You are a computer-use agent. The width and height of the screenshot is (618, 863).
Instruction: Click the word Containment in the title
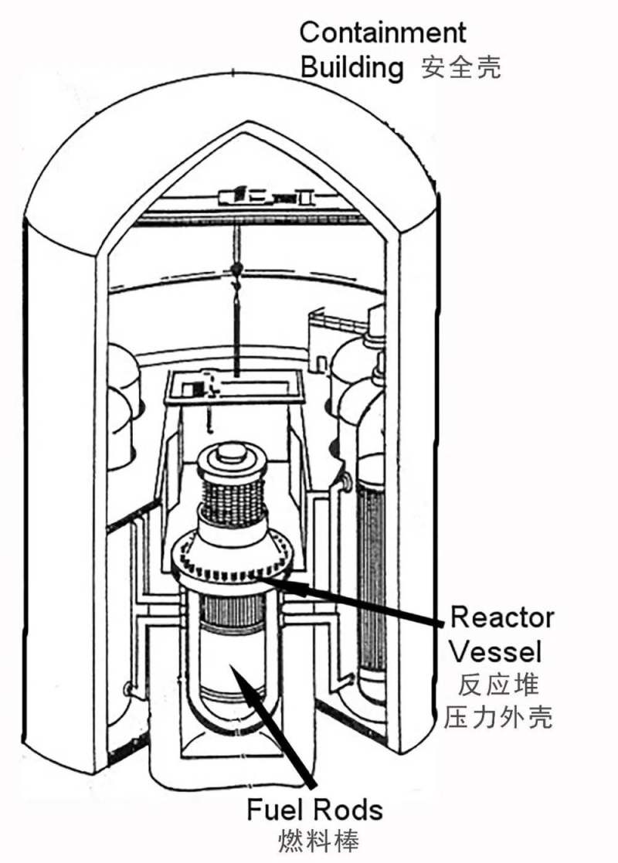pyautogui.click(x=382, y=32)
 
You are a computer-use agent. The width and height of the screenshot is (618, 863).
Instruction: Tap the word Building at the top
pyautogui.click(x=351, y=68)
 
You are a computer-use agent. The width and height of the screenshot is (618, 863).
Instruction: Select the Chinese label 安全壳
pyautogui.click(x=460, y=68)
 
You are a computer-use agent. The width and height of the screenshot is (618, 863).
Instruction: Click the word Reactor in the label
pyautogui.click(x=502, y=617)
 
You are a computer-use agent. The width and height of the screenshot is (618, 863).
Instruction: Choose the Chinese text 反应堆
pyautogui.click(x=497, y=685)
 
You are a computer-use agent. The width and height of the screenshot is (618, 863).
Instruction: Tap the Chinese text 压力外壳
pyautogui.click(x=498, y=718)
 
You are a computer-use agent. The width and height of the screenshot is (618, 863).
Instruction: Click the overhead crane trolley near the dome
pyautogui.click(x=267, y=196)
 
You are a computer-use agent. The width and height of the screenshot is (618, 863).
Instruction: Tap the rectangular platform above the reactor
pyautogui.click(x=235, y=386)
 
